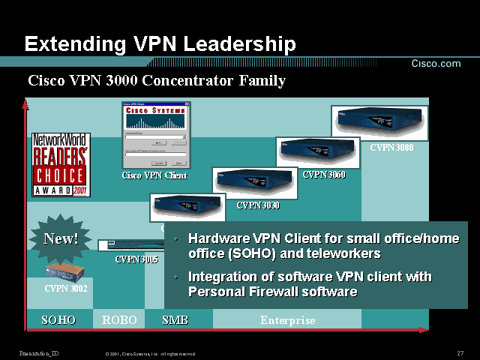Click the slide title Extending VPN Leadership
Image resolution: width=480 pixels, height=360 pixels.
[x=160, y=43]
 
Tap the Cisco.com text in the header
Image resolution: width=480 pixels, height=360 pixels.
[x=436, y=64]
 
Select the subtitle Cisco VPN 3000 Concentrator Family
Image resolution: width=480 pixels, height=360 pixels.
[x=157, y=80]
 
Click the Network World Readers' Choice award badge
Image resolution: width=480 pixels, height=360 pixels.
[x=60, y=165]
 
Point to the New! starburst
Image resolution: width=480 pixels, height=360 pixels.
[x=61, y=239]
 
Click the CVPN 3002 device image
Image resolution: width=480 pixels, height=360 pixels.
[x=66, y=271]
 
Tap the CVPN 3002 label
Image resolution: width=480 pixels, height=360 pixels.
[x=66, y=287]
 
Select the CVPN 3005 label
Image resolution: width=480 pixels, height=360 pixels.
[x=136, y=259]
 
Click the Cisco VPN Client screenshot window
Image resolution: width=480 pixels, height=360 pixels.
[x=156, y=136]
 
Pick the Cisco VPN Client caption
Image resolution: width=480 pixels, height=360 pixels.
[x=154, y=175]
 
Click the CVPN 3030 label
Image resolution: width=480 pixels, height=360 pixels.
[x=258, y=205]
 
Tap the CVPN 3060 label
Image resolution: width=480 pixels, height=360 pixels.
[x=324, y=175]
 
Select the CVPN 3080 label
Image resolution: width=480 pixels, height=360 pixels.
[x=391, y=148]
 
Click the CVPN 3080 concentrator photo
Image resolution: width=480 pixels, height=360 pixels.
[x=379, y=123]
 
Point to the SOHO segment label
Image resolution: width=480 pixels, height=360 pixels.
[x=59, y=320]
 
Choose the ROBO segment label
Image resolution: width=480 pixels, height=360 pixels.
[x=120, y=320]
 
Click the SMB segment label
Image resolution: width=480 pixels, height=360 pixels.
[x=175, y=320]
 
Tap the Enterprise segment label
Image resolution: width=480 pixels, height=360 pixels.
[x=287, y=320]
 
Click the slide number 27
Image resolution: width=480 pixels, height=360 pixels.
[x=460, y=353]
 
